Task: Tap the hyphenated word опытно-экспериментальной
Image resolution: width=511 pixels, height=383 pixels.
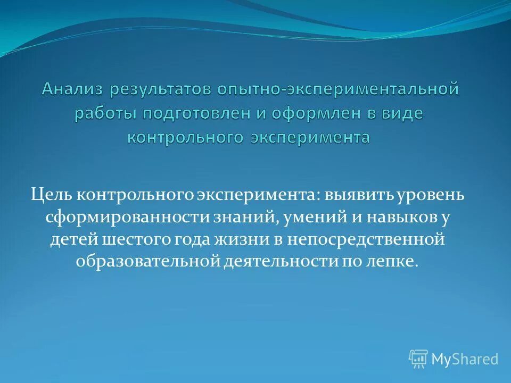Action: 337,89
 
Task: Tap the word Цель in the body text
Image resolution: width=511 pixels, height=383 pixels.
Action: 51,195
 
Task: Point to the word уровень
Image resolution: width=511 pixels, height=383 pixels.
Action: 432,195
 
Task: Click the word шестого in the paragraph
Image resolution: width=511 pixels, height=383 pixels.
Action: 140,239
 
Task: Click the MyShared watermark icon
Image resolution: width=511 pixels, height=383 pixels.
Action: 418,359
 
